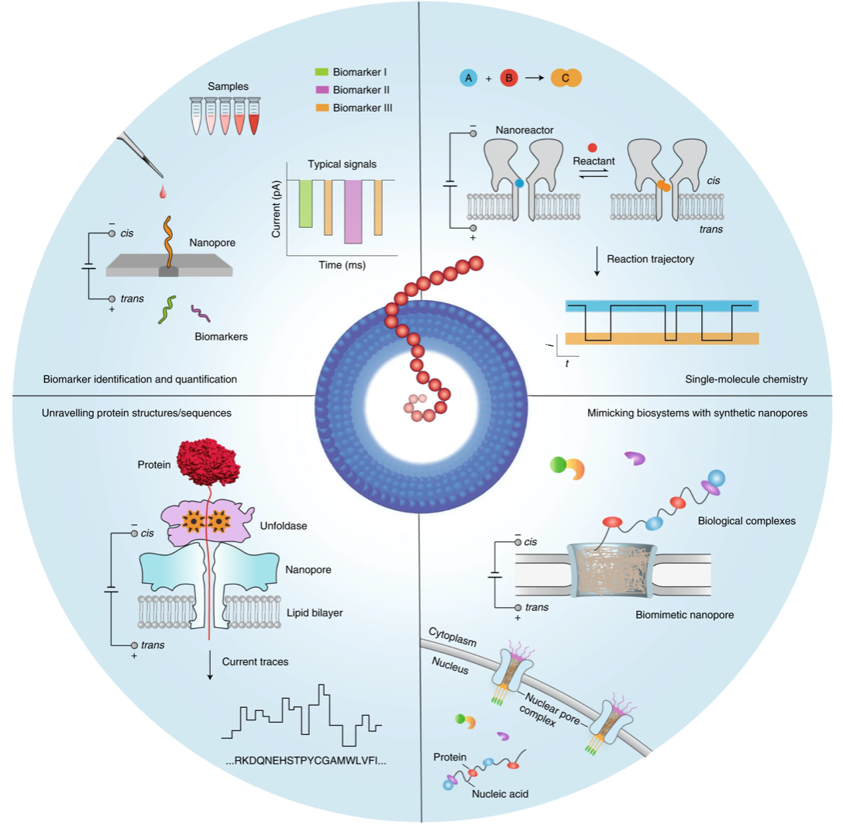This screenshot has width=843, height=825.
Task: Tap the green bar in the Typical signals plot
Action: pos(306,203)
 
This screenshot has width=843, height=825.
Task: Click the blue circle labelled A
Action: pos(468,78)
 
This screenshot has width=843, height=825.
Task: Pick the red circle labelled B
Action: pos(509,78)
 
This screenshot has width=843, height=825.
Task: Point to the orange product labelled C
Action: pos(566,78)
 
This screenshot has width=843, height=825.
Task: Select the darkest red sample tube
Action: pos(253,116)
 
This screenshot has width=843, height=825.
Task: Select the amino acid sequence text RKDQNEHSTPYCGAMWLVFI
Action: pos(306,761)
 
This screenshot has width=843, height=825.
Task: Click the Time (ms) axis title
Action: pos(342,264)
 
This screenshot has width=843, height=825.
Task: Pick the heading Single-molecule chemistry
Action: pos(746,379)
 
